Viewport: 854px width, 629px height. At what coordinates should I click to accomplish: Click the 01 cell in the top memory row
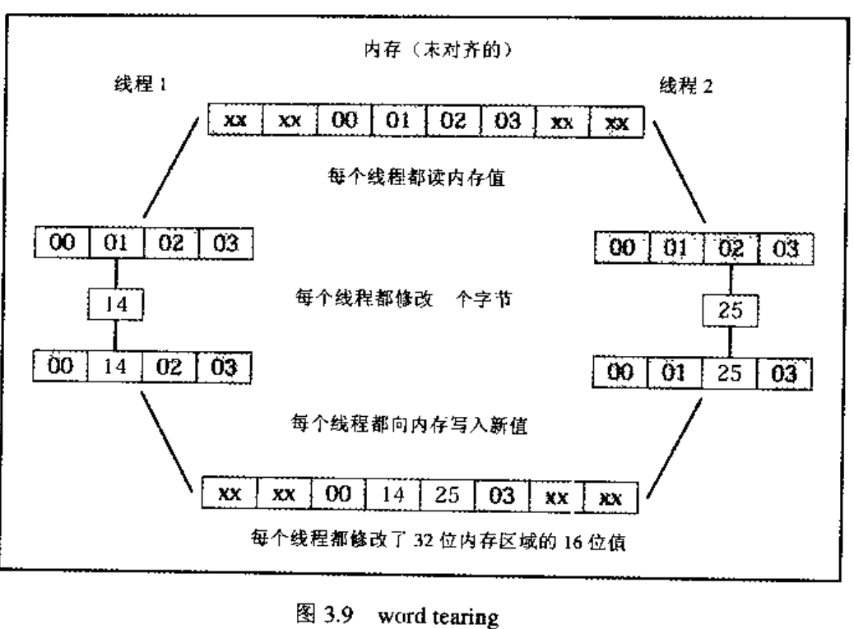[398, 122]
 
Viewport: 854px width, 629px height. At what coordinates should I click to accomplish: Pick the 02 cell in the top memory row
[453, 122]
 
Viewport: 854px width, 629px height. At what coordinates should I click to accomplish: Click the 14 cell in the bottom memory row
[393, 495]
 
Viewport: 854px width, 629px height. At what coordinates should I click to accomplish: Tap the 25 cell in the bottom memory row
[448, 495]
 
